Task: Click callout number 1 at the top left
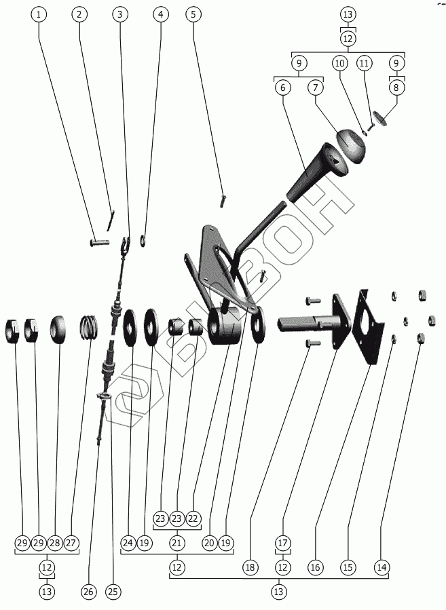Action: click(38, 14)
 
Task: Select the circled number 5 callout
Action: click(193, 14)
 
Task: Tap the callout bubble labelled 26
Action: click(88, 591)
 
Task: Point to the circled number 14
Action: click(382, 567)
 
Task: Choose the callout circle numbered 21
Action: click(176, 543)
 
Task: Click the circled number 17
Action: click(283, 543)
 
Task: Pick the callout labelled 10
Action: click(340, 63)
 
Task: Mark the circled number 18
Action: click(250, 567)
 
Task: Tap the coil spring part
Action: click(88, 327)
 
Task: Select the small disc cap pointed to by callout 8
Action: click(380, 118)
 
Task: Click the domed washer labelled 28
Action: click(58, 329)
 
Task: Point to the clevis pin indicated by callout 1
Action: click(100, 243)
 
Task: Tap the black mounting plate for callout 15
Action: click(367, 328)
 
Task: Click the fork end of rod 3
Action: click(126, 245)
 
